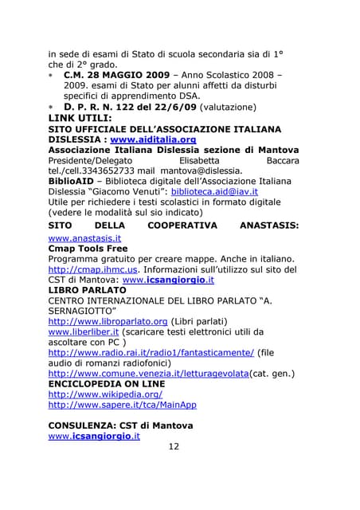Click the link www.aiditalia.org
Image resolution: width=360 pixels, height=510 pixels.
[x=153, y=139]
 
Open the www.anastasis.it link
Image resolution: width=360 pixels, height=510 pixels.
[x=84, y=237]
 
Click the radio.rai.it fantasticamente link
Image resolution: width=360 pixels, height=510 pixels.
[x=151, y=352]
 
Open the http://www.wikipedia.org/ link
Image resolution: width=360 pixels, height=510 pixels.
[x=105, y=394]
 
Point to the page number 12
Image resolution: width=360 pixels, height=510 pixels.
[x=174, y=446]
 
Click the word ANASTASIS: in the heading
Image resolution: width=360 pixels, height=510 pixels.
[x=269, y=226]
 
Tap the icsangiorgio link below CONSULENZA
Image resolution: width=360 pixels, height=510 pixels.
[x=94, y=436]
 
